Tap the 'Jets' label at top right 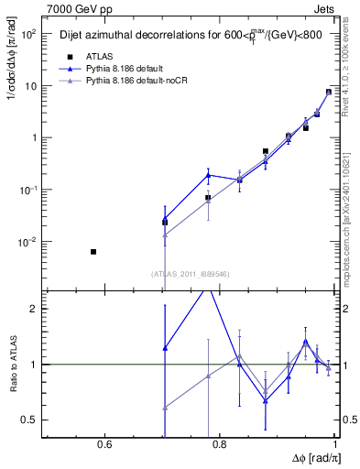pyautogui.click(x=323, y=8)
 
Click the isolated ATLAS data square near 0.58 pyautogui.click(x=93, y=252)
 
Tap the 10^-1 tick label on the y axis pyautogui.click(x=27, y=190)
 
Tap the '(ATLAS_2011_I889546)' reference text pyautogui.click(x=190, y=273)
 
